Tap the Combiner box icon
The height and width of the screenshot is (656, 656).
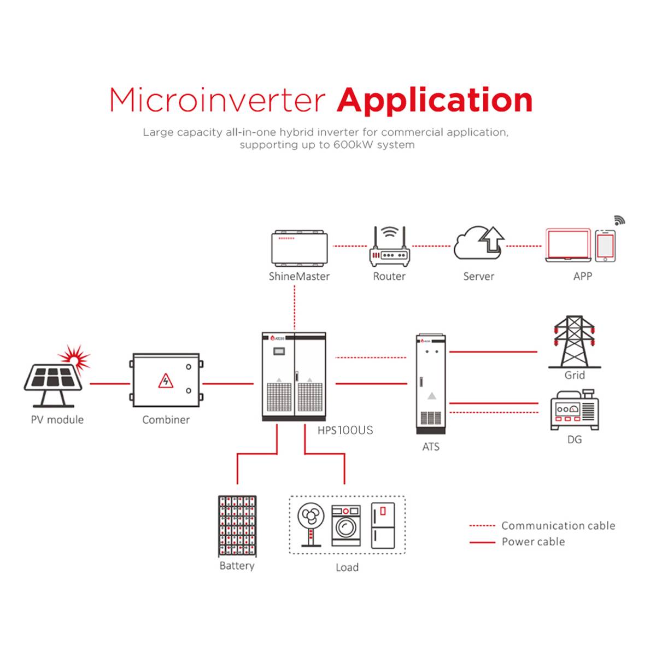pos(166,380)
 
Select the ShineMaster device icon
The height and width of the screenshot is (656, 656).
pos(299,248)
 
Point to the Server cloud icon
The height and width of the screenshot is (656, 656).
pos(479,245)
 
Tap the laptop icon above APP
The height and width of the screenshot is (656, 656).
pos(569,245)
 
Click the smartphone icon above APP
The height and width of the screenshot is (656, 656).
pos(605,246)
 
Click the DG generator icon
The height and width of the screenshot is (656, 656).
pos(575,410)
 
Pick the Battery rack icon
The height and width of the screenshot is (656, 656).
pos(237,526)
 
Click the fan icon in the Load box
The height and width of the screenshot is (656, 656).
pos(311,524)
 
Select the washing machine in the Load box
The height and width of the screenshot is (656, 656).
pos(346,525)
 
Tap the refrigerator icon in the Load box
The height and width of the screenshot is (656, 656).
pos(383,525)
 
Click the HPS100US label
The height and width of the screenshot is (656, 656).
pos(345,430)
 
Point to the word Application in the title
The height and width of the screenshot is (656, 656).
pos(435,100)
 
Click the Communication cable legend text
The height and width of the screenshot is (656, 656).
pos(558,526)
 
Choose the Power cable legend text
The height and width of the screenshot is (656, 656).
pos(533,542)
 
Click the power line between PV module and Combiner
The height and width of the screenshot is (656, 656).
pos(109,384)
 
